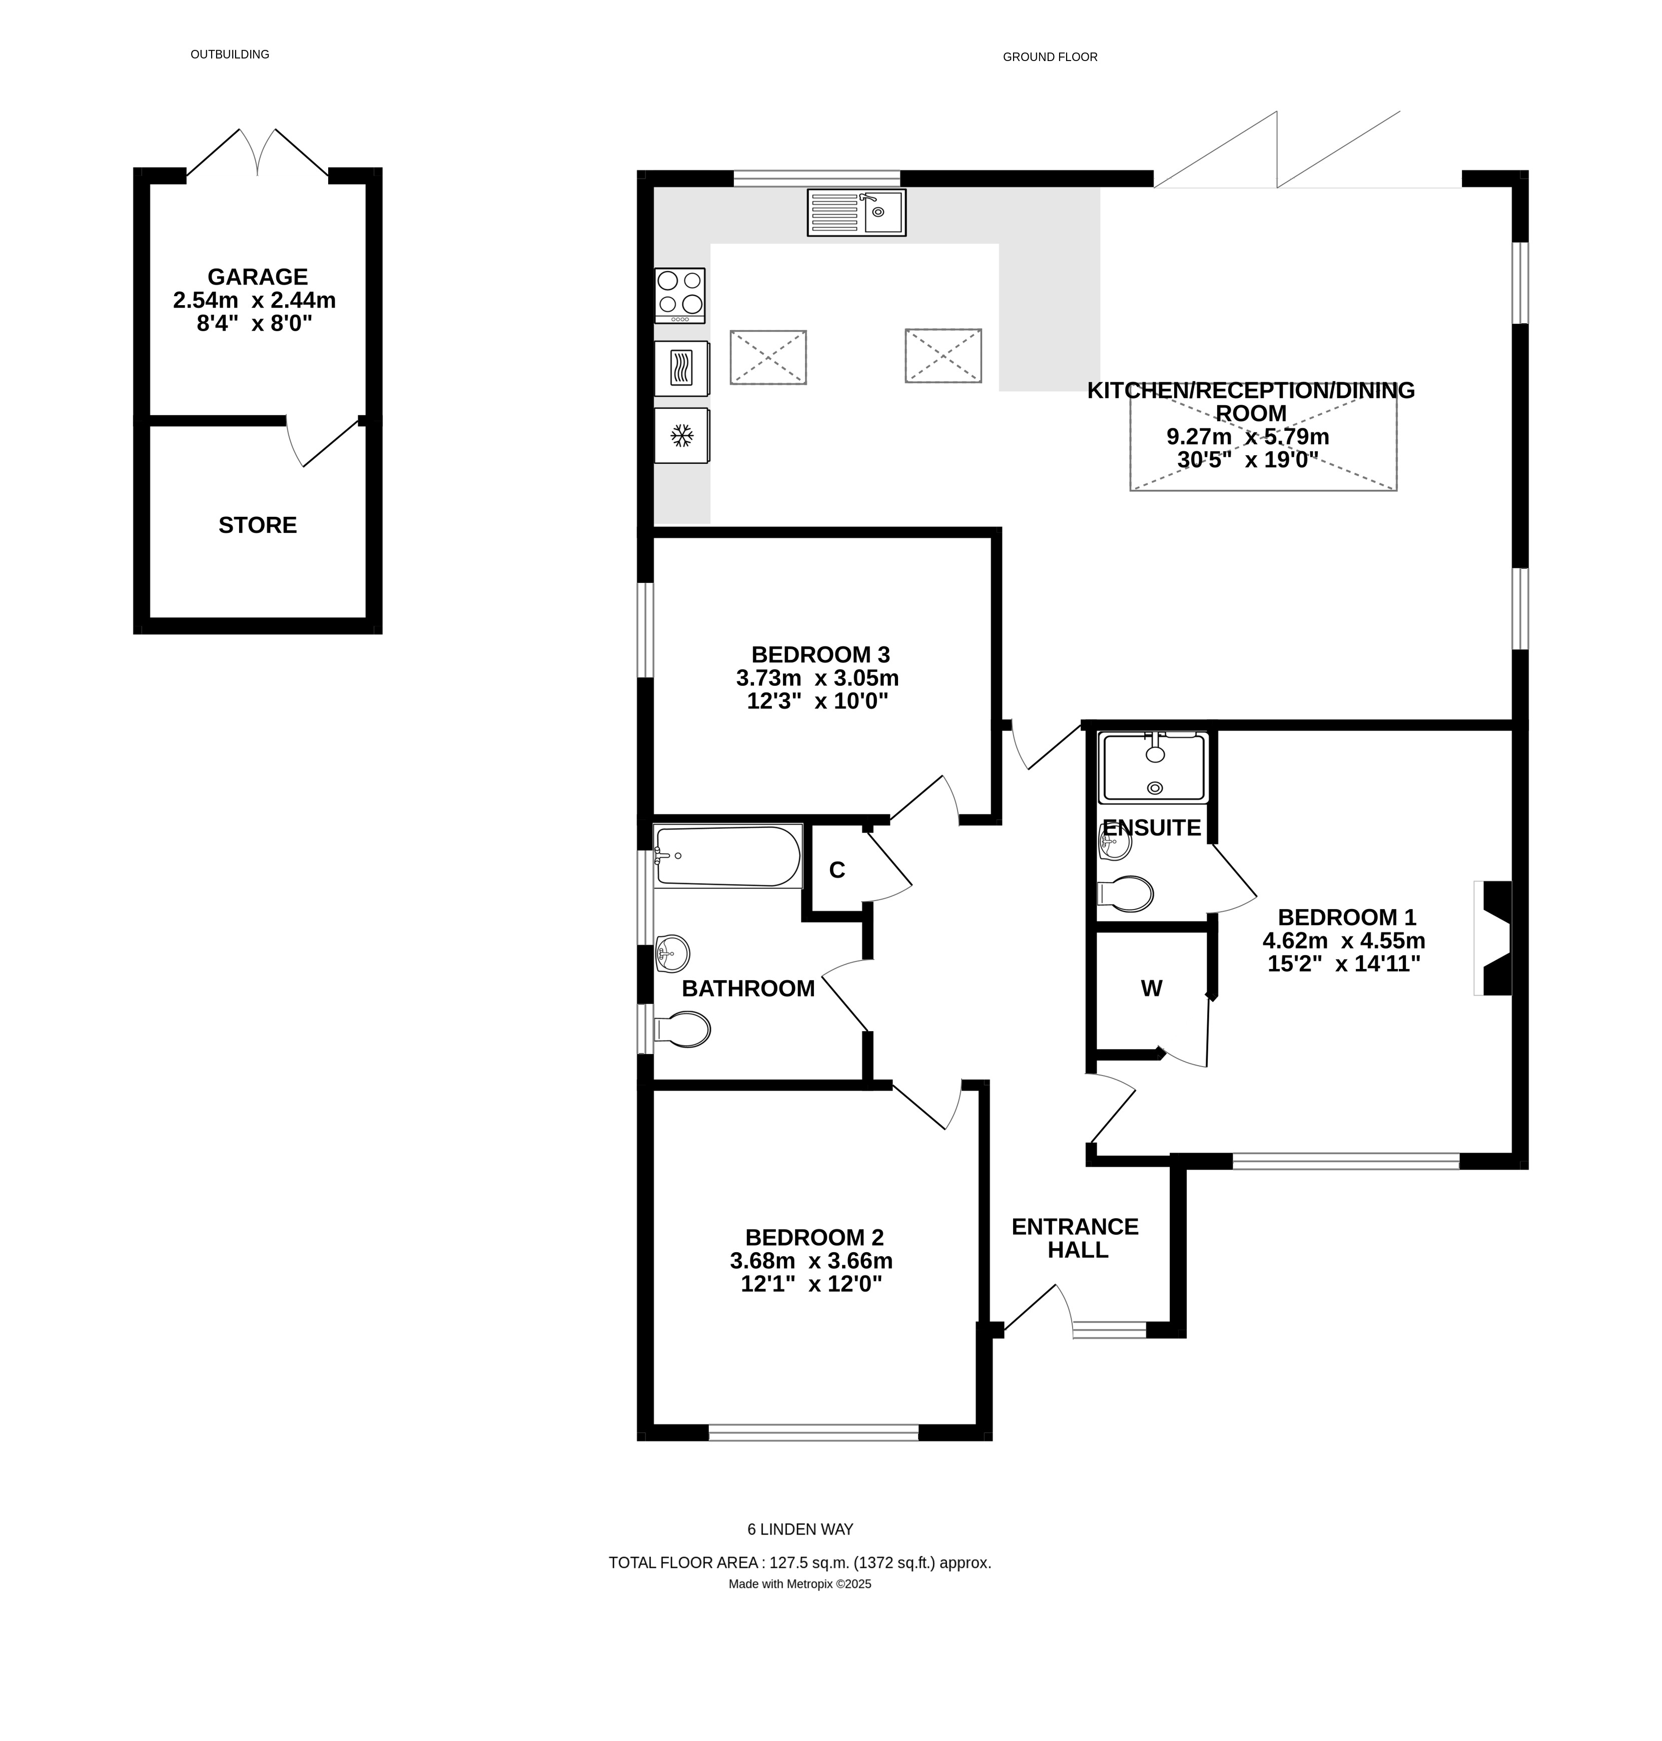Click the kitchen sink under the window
[x=856, y=213]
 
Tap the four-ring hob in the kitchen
[x=679, y=295]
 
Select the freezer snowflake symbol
[x=680, y=435]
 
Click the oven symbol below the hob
[x=680, y=368]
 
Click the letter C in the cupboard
[x=837, y=870]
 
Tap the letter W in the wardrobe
[x=1151, y=989]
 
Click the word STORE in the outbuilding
[x=257, y=525]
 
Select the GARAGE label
[x=257, y=277]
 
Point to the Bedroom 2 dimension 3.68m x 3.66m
[x=810, y=1261]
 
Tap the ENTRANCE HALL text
[x=1076, y=1238]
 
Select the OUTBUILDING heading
[x=230, y=54]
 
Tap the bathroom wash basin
[x=672, y=954]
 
